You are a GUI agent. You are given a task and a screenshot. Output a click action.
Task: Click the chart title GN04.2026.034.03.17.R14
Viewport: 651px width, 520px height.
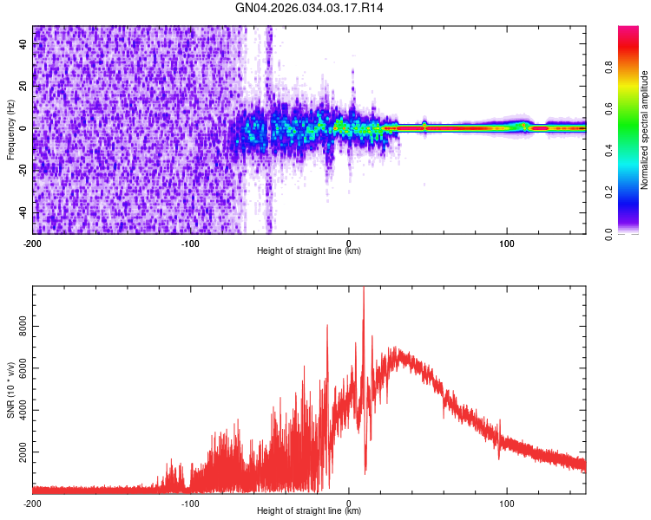pyautogui.click(x=325, y=10)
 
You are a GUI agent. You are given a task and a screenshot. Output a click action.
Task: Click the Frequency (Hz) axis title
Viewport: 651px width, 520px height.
pyautogui.click(x=10, y=130)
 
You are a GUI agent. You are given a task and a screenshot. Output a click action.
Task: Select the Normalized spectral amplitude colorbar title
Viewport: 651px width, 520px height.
pyautogui.click(x=644, y=130)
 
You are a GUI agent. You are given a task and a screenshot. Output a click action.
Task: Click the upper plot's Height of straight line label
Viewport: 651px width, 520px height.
pyautogui.click(x=309, y=250)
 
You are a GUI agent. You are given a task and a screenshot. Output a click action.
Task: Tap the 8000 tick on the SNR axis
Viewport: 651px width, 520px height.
pyautogui.click(x=18, y=327)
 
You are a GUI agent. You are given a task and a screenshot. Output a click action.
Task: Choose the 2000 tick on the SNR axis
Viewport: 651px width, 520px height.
pyautogui.click(x=18, y=452)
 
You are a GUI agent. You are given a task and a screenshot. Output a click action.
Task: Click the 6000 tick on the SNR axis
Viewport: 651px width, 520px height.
pyautogui.click(x=18, y=368)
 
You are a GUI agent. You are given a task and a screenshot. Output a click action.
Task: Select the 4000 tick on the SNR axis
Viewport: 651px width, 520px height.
pyautogui.click(x=18, y=411)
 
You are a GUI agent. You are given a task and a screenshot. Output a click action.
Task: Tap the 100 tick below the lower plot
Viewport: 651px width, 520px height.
pyautogui.click(x=507, y=504)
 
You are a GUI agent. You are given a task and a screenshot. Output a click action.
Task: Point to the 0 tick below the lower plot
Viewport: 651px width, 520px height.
pyautogui.click(x=349, y=504)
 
